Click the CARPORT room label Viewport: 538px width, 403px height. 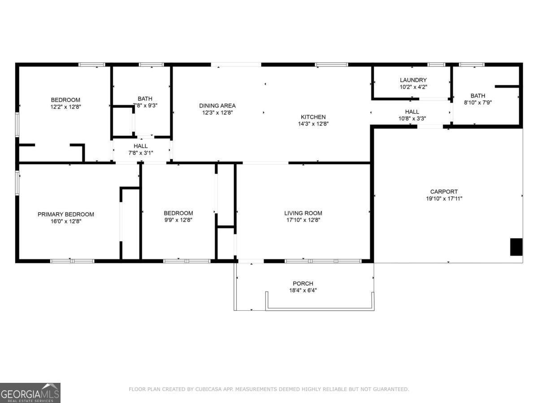444,192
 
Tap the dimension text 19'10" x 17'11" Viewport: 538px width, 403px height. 444,198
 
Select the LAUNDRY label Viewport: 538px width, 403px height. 413,80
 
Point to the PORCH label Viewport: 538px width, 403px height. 303,283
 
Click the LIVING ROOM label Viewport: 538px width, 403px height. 303,213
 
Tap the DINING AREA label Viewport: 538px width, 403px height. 217,106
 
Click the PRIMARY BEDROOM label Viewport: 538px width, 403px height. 66,214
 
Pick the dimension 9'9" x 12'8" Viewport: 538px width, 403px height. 178,220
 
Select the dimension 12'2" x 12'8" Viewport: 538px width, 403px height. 65,107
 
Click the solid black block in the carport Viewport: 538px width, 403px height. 516,247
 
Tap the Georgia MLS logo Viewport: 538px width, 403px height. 30,393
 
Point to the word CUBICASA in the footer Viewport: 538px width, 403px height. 208,390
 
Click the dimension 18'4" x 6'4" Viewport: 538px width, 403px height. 303,290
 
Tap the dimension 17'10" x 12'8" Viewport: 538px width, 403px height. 303,220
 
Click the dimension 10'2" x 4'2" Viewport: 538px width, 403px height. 413,87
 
